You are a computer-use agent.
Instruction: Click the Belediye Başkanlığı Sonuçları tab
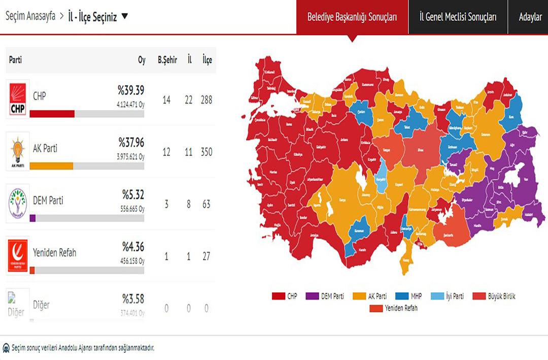coord(352,17)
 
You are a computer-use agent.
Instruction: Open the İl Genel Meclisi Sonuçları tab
coord(458,17)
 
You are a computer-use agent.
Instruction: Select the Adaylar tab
coord(530,17)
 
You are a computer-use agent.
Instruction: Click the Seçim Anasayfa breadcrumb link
coord(30,17)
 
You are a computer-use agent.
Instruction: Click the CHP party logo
coord(18,99)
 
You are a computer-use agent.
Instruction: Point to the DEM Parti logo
coord(18,205)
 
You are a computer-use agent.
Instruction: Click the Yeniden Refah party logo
coord(18,256)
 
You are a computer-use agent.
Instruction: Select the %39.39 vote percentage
coord(131,90)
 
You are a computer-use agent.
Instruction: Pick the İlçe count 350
coord(206,152)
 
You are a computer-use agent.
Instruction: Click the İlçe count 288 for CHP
coord(206,100)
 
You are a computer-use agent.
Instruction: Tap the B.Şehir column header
coord(167,60)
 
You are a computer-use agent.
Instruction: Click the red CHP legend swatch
coord(278,296)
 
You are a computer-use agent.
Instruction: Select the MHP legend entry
coord(410,296)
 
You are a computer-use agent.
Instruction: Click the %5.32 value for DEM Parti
coord(133,194)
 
